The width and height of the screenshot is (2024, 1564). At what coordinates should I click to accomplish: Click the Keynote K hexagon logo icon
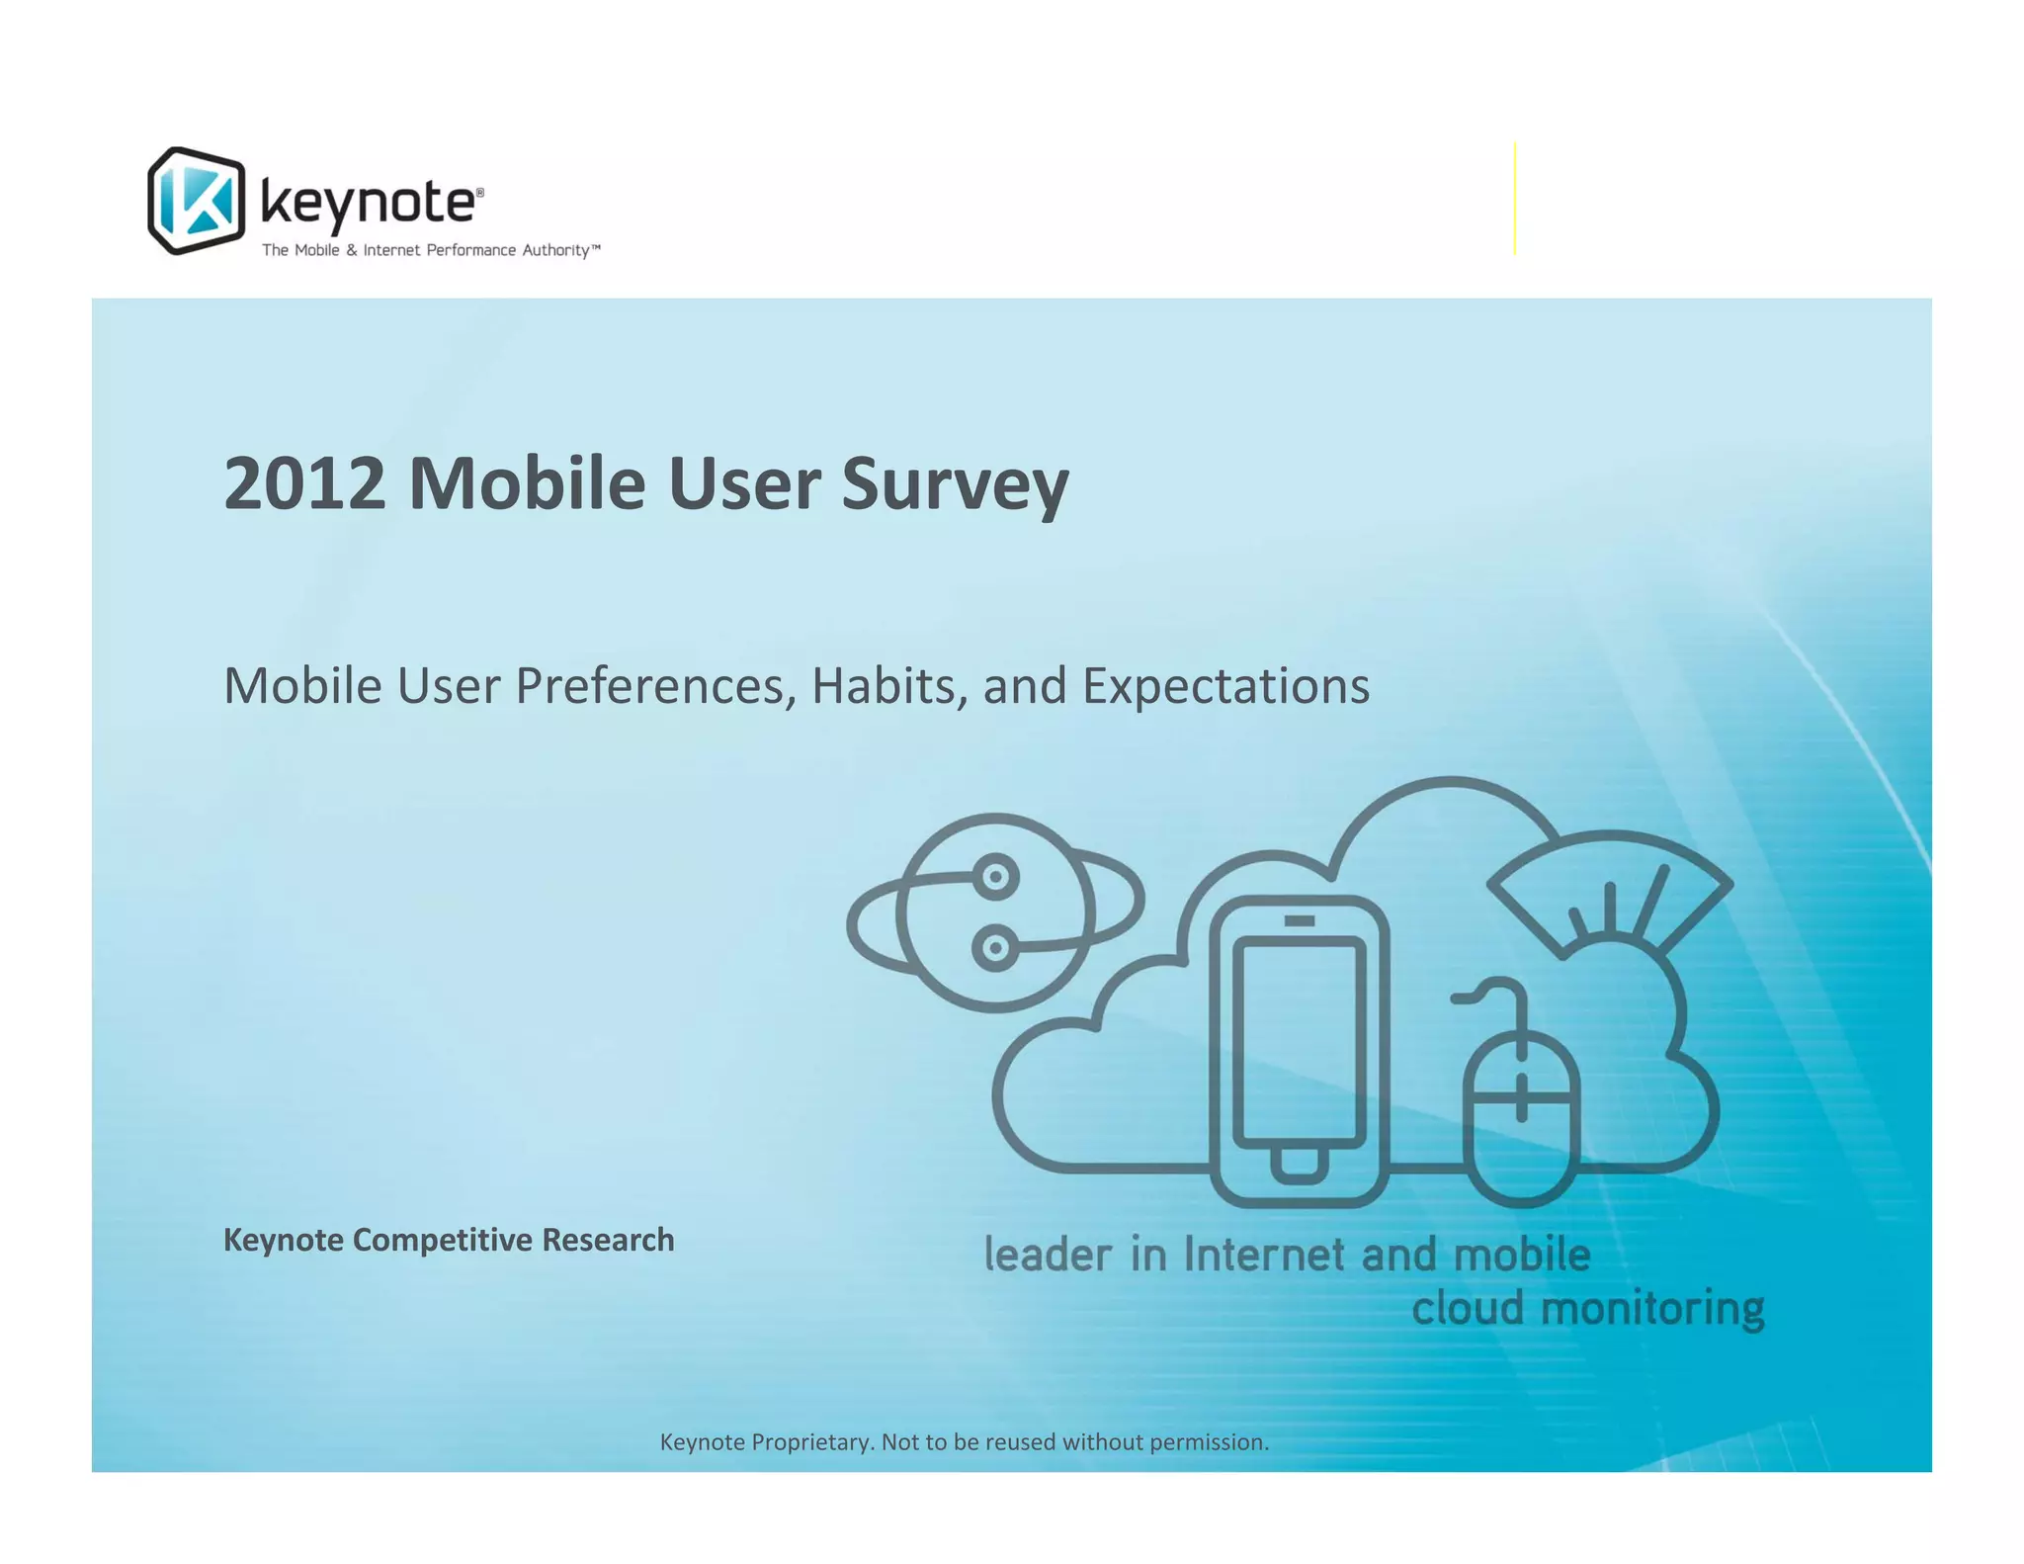[x=196, y=201]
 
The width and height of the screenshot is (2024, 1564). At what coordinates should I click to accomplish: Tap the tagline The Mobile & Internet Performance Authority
[x=430, y=250]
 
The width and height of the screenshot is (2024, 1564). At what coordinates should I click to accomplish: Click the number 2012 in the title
[x=304, y=483]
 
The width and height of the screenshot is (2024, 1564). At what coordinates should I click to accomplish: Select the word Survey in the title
[x=955, y=485]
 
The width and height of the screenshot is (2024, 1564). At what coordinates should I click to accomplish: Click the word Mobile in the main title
[x=526, y=483]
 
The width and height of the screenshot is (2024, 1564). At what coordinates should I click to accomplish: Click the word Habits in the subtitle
[x=888, y=685]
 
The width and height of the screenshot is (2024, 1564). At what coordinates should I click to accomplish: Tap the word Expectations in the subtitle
[x=1225, y=687]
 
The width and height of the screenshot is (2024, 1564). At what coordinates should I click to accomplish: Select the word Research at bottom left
[x=608, y=1240]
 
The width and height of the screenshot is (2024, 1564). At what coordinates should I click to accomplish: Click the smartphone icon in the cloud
[x=1299, y=1050]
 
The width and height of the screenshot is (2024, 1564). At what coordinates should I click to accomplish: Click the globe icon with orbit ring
[x=994, y=912]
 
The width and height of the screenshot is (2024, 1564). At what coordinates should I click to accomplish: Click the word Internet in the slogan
[x=1264, y=1255]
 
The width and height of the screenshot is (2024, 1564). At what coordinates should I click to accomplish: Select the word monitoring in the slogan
[x=1652, y=1308]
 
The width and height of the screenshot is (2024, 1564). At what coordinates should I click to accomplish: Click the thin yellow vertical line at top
[x=1514, y=198]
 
